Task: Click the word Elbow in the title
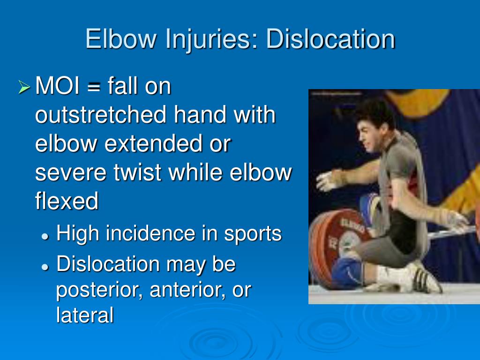(121, 39)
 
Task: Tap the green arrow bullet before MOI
(24, 87)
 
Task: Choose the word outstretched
(101, 115)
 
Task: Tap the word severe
(70, 173)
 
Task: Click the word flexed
(67, 202)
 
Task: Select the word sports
(253, 234)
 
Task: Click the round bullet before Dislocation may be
(45, 266)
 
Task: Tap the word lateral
(85, 315)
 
